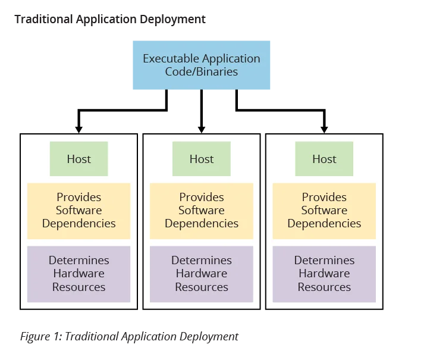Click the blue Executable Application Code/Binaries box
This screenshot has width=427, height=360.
(x=200, y=64)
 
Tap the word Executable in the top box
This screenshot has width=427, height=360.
(x=171, y=59)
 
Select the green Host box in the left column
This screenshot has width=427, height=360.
(x=79, y=159)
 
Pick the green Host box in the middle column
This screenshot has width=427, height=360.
(x=202, y=159)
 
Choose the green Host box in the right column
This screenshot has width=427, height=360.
(x=324, y=159)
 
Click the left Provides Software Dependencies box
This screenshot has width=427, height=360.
(x=79, y=211)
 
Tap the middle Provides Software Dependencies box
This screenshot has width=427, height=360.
(x=202, y=211)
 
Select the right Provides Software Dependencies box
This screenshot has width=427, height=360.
(x=324, y=211)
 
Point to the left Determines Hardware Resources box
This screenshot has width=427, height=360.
(x=79, y=274)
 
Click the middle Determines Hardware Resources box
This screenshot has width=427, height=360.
(x=202, y=274)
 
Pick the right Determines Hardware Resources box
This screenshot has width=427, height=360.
(x=324, y=274)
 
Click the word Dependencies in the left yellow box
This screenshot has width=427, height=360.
(x=79, y=224)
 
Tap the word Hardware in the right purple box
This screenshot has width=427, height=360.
(x=324, y=274)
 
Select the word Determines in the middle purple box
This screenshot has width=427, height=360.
(x=202, y=261)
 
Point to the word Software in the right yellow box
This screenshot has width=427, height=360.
(x=324, y=211)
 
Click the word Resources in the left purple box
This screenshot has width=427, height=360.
(x=79, y=287)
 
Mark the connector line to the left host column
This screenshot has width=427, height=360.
(x=119, y=109)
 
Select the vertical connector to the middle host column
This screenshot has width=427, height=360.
(x=202, y=110)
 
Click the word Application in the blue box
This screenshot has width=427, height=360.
(x=231, y=59)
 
